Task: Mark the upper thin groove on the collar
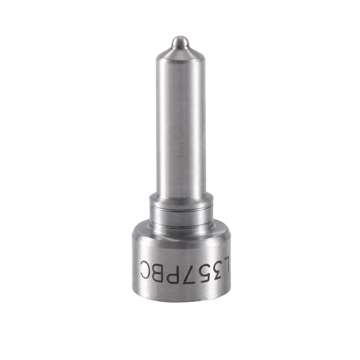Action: click(x=180, y=207)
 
